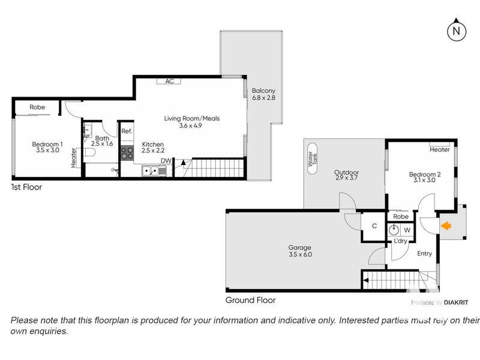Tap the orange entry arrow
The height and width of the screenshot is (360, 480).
[x=446, y=226]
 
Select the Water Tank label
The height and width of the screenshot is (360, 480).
[x=312, y=158]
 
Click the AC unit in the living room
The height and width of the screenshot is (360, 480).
[x=169, y=81]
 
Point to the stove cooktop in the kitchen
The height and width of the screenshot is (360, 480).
[x=127, y=153]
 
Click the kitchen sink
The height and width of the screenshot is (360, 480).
[x=154, y=170]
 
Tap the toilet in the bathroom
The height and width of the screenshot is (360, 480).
[x=89, y=152]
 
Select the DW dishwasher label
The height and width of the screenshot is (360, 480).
[x=166, y=161]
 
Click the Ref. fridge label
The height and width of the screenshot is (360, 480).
[x=127, y=131]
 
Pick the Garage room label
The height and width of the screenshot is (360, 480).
[x=299, y=247]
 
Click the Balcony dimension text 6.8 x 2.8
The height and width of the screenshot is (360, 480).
[x=263, y=98]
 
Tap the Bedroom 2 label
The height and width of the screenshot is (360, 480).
[x=425, y=174]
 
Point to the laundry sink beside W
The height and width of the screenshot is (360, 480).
[x=394, y=230]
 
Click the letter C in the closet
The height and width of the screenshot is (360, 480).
[x=374, y=226]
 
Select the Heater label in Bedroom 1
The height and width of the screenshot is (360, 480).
[x=73, y=158]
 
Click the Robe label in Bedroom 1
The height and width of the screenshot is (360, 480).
[x=37, y=107]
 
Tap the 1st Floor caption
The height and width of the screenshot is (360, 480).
[x=26, y=187]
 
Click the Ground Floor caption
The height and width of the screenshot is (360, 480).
[x=250, y=300]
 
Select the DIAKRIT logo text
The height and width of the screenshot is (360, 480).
[x=456, y=302]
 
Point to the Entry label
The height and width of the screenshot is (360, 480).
[x=425, y=253]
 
